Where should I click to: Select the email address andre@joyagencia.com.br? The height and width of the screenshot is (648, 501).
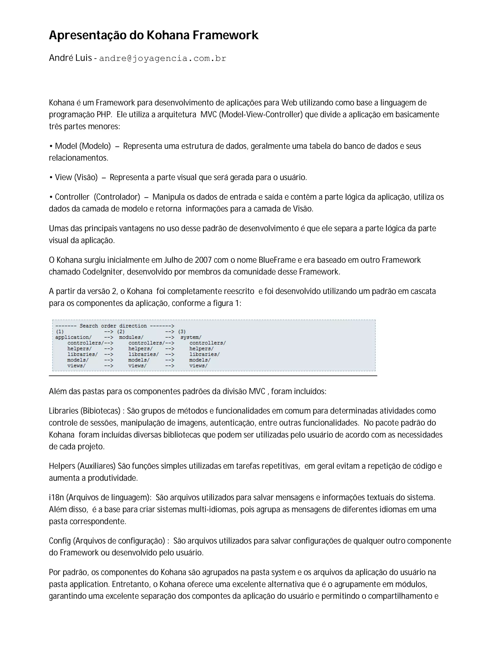163,58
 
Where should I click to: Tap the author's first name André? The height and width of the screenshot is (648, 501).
61,58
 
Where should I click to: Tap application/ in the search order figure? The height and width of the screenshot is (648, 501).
73,337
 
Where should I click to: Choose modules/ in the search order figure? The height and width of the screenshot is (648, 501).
131,337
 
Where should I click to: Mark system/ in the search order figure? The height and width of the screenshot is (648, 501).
191,337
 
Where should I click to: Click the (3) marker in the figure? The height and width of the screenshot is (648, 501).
182,332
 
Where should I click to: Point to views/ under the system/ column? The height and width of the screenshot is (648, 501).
198,366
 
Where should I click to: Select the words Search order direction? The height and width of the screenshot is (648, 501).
113,326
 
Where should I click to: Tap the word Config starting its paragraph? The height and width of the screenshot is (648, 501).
60,541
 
